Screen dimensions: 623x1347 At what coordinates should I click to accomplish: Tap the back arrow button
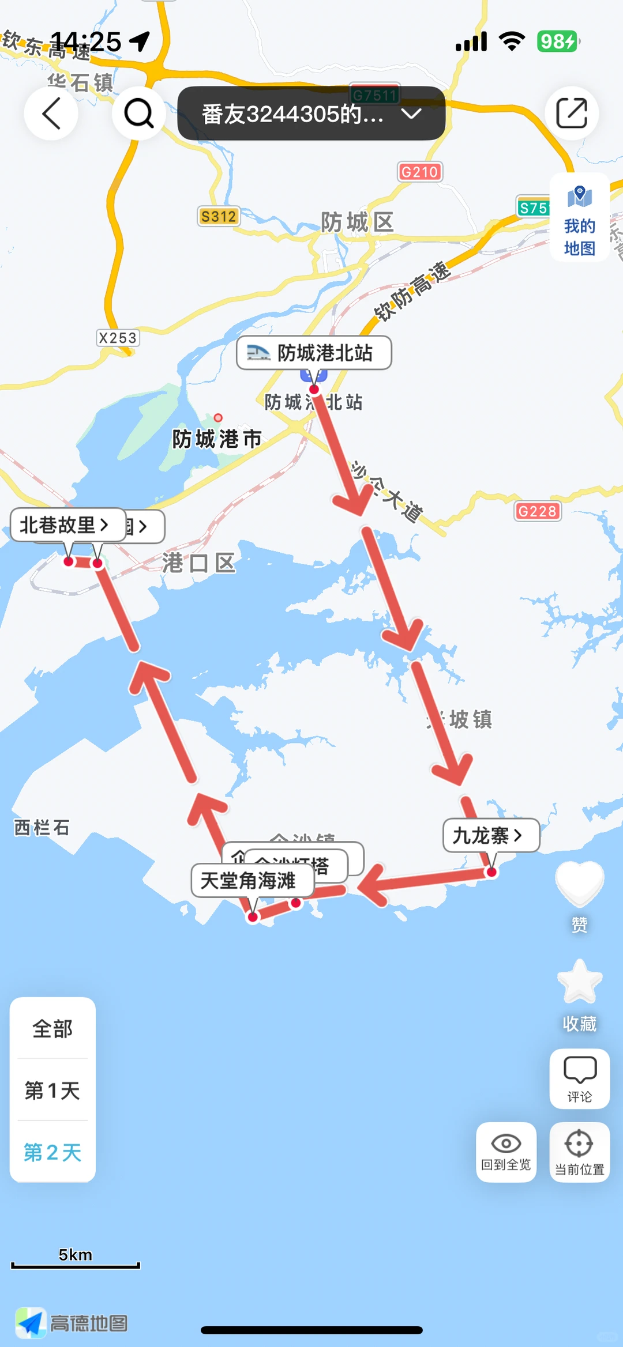[51, 114]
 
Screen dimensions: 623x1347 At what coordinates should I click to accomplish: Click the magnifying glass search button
[138, 114]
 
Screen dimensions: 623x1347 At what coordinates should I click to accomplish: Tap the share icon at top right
[571, 114]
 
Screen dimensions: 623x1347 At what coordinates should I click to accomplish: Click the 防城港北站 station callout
[314, 353]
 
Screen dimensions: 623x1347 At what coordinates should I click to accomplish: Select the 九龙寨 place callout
[490, 835]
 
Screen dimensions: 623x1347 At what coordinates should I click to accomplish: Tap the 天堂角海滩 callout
[252, 880]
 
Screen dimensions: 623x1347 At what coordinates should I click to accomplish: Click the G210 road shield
[419, 172]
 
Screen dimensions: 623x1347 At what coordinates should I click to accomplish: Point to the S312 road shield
[218, 217]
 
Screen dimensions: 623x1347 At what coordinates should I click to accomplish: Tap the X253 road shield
[118, 338]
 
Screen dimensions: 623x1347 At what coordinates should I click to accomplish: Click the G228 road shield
[537, 511]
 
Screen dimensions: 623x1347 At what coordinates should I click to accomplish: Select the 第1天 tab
[52, 1090]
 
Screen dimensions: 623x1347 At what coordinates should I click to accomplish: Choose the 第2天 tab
[52, 1152]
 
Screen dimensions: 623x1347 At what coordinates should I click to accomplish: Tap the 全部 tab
[52, 1029]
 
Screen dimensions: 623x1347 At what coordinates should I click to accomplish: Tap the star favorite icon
[579, 982]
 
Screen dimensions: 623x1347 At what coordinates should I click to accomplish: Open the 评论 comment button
[579, 1078]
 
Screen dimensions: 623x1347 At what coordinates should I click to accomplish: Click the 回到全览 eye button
[506, 1152]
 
